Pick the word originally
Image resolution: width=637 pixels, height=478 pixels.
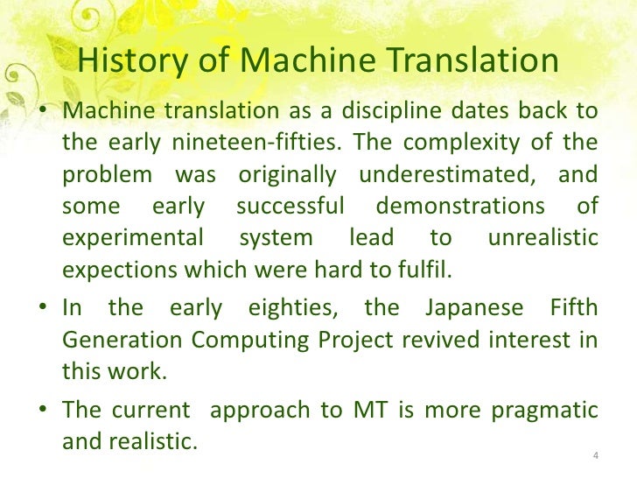click(x=286, y=174)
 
